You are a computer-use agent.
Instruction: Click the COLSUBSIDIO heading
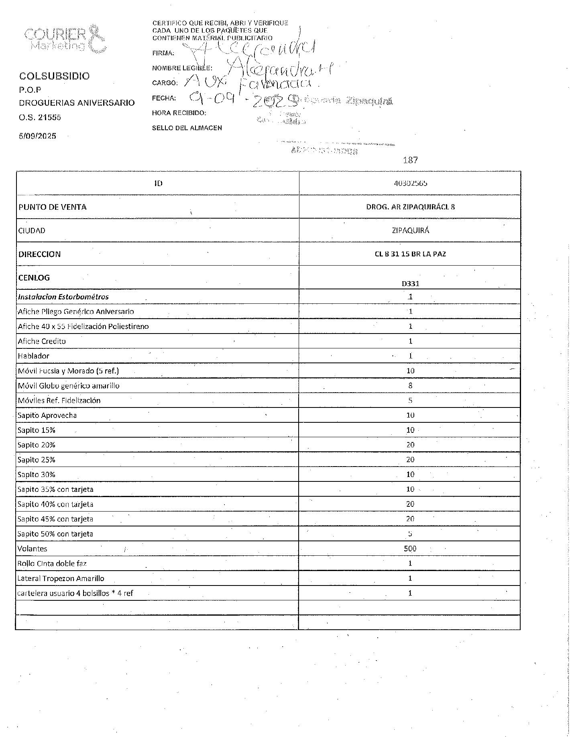click(x=55, y=76)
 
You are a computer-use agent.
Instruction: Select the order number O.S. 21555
click(x=40, y=117)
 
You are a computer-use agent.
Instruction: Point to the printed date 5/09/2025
click(x=38, y=136)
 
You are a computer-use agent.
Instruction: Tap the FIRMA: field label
click(x=163, y=53)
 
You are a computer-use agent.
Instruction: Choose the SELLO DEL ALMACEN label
click(x=187, y=128)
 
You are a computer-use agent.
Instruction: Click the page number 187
click(x=410, y=160)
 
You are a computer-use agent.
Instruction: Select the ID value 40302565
click(x=410, y=183)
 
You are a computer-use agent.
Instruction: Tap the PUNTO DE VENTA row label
click(x=52, y=207)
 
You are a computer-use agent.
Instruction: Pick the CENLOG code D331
click(x=410, y=283)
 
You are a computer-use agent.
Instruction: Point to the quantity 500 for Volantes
click(x=410, y=549)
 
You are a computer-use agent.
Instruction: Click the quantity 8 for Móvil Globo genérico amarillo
click(x=410, y=385)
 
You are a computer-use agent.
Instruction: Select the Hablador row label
click(x=34, y=356)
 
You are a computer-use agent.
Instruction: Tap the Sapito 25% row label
click(x=37, y=460)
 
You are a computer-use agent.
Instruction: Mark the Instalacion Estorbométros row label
click(x=63, y=297)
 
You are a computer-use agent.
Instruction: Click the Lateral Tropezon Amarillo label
click(x=61, y=578)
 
